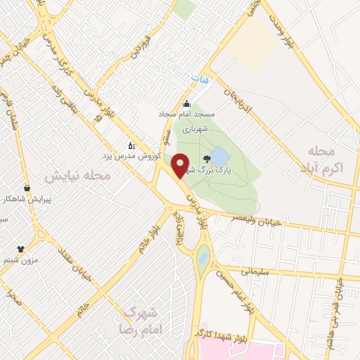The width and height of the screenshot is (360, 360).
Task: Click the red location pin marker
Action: pos(180,165)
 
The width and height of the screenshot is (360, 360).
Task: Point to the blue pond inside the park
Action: pos(221,156)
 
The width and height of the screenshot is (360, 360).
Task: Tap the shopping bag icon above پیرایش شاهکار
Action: pos(27,188)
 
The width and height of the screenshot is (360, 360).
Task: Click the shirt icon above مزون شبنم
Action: pos(20,249)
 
